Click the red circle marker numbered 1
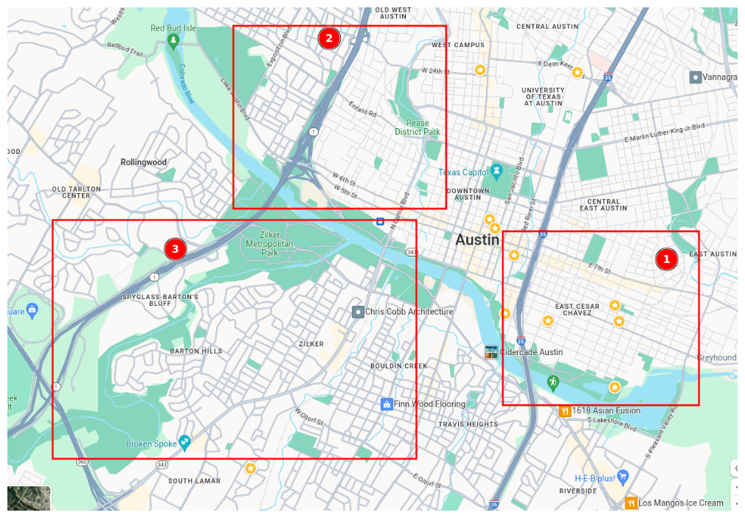[x=666, y=259]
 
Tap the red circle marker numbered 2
[x=329, y=38]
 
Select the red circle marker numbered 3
[x=175, y=249]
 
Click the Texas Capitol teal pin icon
[x=497, y=172]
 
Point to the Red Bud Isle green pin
[x=173, y=41]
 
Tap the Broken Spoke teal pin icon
[x=184, y=442]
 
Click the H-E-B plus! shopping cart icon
[x=623, y=477]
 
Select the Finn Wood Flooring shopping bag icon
[x=386, y=404]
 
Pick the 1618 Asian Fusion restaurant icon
[x=565, y=410]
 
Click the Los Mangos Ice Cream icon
[x=631, y=503]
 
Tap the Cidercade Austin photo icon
[x=491, y=351]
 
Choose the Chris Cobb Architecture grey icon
[x=358, y=312]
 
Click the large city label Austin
[x=477, y=239]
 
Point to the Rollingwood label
[x=144, y=162]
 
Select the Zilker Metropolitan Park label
[x=269, y=243]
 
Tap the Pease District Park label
[x=417, y=127]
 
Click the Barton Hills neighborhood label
[x=196, y=351]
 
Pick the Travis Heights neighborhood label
[x=468, y=424]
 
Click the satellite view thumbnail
[x=30, y=498]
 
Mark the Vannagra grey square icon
[x=696, y=77]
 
